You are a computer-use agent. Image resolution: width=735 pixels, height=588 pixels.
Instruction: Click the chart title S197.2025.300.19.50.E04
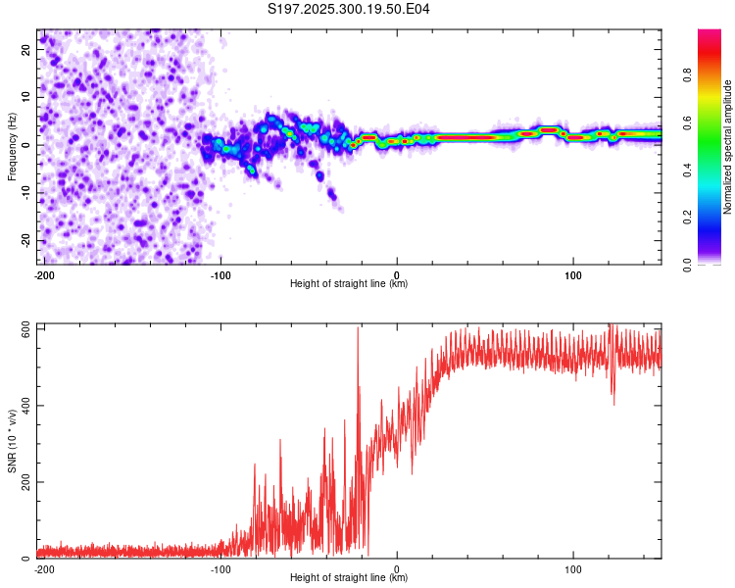(349, 9)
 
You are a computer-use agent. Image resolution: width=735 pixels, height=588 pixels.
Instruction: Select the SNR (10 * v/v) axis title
(12, 440)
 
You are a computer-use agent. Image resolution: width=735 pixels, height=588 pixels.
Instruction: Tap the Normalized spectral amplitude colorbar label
(727, 147)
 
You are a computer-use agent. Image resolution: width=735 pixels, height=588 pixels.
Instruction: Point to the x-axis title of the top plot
(349, 283)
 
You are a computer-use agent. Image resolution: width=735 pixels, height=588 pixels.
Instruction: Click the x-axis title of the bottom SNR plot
(349, 577)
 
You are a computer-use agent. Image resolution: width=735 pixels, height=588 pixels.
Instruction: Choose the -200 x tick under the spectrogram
(43, 274)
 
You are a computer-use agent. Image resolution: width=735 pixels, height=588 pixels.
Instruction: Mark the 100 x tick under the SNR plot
(572, 568)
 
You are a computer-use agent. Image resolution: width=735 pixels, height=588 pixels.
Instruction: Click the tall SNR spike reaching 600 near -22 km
(358, 333)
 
